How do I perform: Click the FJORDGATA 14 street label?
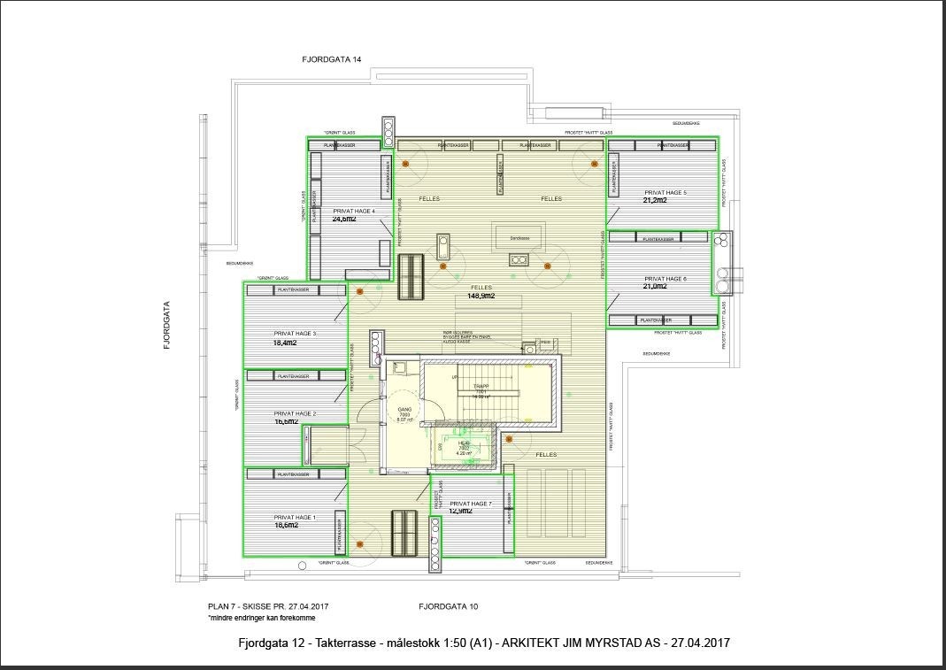(x=332, y=59)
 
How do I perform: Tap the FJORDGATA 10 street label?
(x=449, y=606)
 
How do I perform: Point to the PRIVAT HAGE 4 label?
(x=354, y=212)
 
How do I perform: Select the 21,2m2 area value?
(x=655, y=200)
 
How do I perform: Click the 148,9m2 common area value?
(x=481, y=296)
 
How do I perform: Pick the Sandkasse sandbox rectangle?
(x=519, y=238)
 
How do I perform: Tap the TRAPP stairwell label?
(x=481, y=387)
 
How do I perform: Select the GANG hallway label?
(x=404, y=410)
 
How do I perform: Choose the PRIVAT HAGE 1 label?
(x=295, y=517)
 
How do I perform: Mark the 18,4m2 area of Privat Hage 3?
(x=285, y=343)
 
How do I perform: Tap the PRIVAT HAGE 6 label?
(x=665, y=279)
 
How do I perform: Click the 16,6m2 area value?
(x=285, y=422)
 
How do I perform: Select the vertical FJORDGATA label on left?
(x=165, y=327)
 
